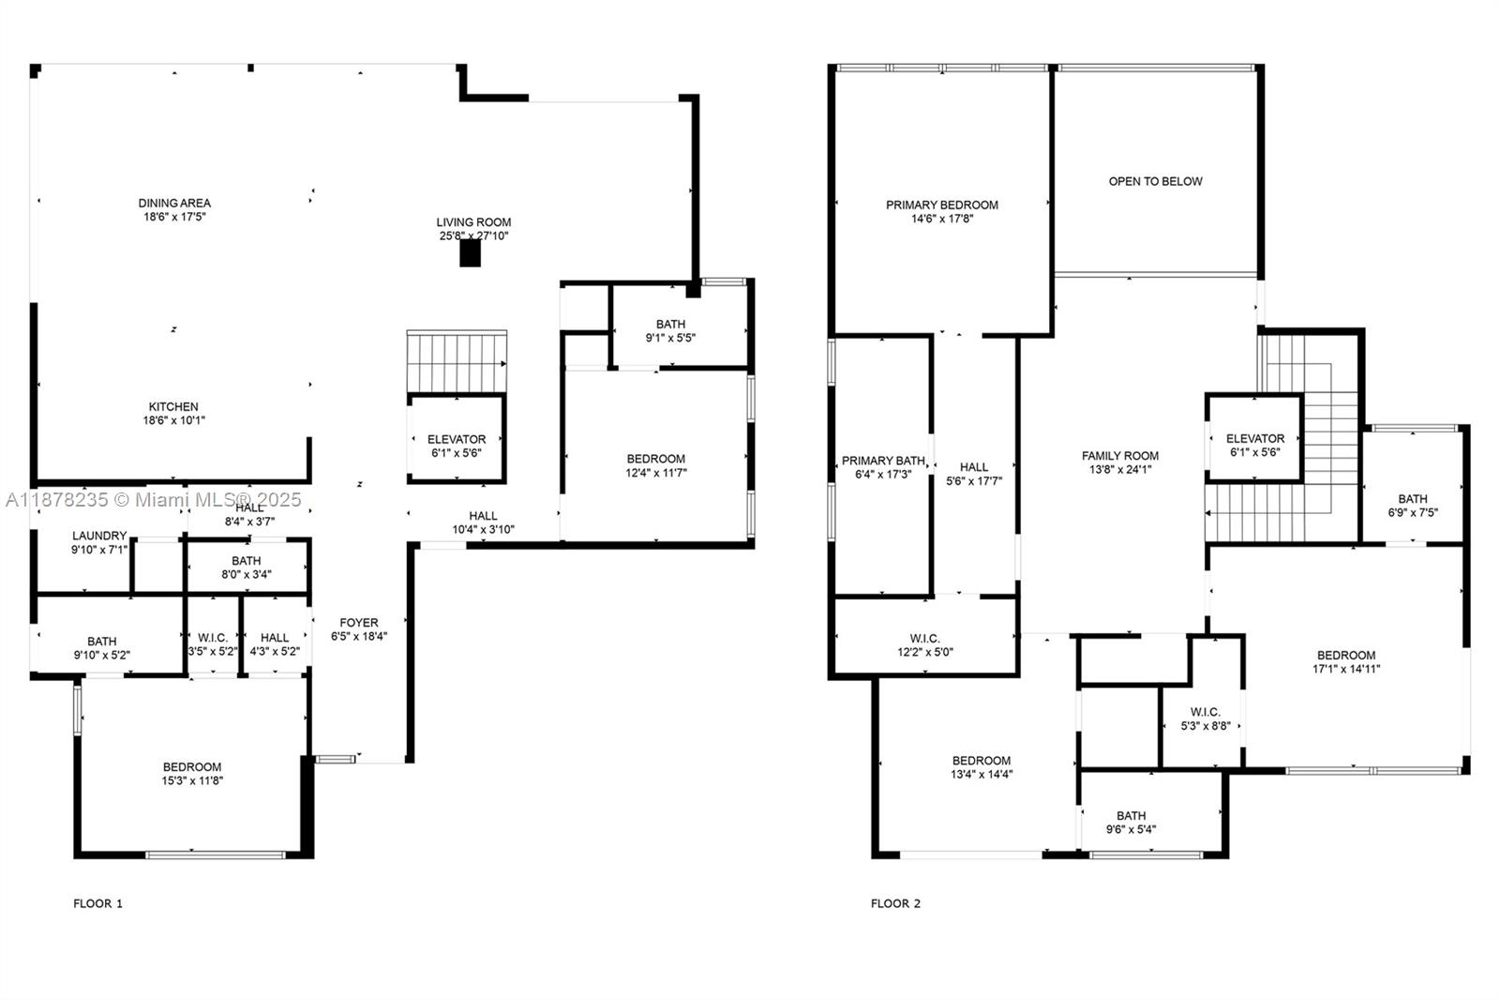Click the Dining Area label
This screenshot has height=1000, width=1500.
pyautogui.click(x=174, y=203)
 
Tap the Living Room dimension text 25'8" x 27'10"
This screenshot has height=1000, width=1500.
pyautogui.click(x=473, y=236)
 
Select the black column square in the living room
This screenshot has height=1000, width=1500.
pyautogui.click(x=470, y=253)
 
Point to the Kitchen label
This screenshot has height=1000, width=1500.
pyautogui.click(x=174, y=406)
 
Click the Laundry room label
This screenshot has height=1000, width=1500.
pyautogui.click(x=99, y=536)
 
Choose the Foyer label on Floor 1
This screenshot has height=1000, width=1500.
pyautogui.click(x=359, y=622)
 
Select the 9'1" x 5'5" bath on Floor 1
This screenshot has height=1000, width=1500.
pyautogui.click(x=670, y=330)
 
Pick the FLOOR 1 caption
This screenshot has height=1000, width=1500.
pyautogui.click(x=97, y=903)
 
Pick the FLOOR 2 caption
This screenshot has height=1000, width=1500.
pyautogui.click(x=895, y=903)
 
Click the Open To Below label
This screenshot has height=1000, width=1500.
pyautogui.click(x=1155, y=181)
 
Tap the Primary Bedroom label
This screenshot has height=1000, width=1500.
pyautogui.click(x=942, y=205)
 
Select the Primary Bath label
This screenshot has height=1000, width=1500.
pyautogui.click(x=883, y=461)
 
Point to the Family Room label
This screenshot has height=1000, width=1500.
pyautogui.click(x=1120, y=456)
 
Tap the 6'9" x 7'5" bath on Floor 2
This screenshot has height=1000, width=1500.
pyautogui.click(x=1413, y=506)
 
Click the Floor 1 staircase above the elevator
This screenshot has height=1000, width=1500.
pyautogui.click(x=457, y=362)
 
